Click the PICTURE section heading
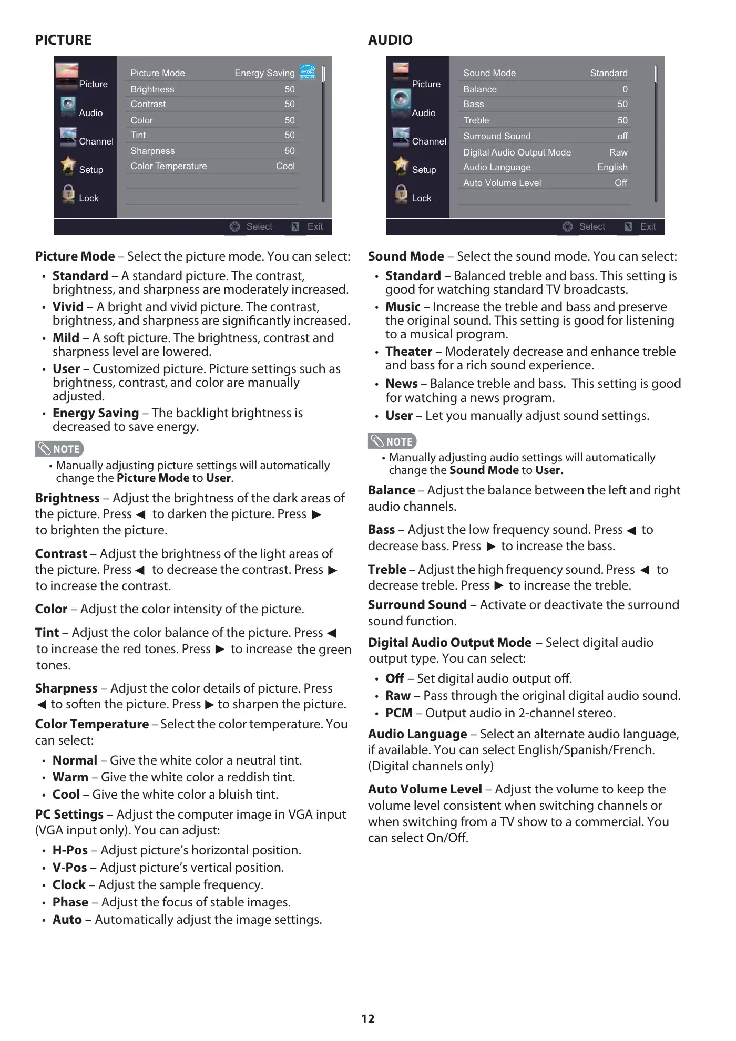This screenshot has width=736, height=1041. [63, 40]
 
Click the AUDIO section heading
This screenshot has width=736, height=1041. [390, 40]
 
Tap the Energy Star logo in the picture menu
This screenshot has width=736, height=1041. [308, 71]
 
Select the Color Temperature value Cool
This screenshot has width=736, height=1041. [285, 166]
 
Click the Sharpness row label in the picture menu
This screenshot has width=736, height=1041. [152, 151]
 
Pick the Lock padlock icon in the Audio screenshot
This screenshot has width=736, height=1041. [401, 194]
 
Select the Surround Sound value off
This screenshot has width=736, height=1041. [622, 136]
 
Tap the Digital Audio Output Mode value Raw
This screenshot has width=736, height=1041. [618, 152]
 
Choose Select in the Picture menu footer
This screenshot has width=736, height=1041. [259, 226]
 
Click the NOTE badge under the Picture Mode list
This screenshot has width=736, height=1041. [59, 449]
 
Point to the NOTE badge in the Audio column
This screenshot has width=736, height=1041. [392, 441]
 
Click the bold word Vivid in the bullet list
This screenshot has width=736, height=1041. [68, 307]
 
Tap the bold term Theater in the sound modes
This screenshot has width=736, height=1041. [408, 352]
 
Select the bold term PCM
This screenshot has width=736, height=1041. [398, 713]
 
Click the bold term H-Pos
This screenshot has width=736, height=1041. [70, 850]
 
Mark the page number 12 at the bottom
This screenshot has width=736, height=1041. [368, 1019]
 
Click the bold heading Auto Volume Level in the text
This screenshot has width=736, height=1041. [425, 789]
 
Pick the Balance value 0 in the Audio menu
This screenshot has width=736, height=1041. [625, 89]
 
